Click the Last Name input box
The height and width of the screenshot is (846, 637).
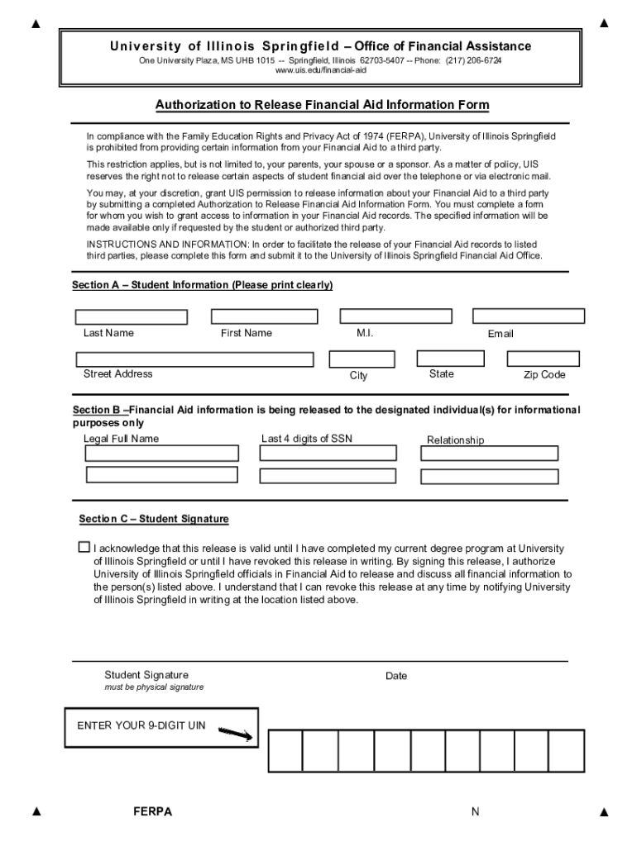(x=132, y=317)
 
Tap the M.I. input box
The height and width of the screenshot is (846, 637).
(x=395, y=316)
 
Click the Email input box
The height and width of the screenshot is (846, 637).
(x=528, y=316)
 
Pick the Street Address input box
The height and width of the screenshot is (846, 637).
(x=194, y=359)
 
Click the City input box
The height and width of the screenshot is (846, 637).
(x=362, y=359)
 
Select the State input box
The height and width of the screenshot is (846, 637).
(x=450, y=359)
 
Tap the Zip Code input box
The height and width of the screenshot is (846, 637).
(x=543, y=359)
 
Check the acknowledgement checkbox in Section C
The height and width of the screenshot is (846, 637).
(x=84, y=547)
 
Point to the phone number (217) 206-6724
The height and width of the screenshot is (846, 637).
(x=474, y=60)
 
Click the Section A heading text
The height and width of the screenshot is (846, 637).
(x=203, y=285)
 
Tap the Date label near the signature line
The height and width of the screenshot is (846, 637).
(x=396, y=676)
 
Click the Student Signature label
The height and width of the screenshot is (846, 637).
(x=146, y=675)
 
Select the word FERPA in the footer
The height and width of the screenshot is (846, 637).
(x=152, y=811)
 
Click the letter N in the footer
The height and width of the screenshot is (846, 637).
(x=476, y=811)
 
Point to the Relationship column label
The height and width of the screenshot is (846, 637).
(x=455, y=440)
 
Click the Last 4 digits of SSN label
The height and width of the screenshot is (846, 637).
(x=307, y=439)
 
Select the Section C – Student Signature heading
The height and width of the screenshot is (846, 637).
(x=154, y=519)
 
